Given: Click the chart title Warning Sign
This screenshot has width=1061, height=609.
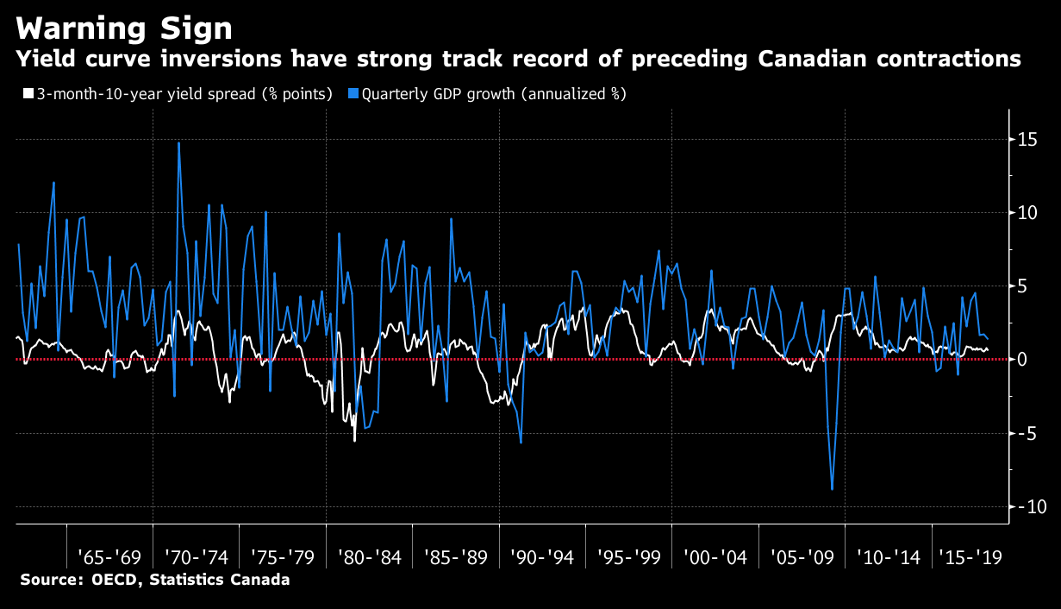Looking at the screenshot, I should pos(124,28).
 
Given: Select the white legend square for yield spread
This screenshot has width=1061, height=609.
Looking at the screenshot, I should pos(27,94).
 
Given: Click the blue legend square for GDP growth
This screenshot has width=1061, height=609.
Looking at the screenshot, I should pos(353,94).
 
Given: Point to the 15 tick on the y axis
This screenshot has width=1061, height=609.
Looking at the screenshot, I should pos(1031,139).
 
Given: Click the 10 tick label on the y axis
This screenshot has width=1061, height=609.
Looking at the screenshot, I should pos(1031,212).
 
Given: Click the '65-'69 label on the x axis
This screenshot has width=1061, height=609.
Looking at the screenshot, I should pos(109,556).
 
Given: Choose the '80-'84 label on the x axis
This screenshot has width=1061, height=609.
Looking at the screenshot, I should pos(369,556).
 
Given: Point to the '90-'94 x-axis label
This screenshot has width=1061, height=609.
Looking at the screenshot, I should pos(542,556).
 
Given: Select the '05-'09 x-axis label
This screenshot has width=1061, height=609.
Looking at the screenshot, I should pos(802,556).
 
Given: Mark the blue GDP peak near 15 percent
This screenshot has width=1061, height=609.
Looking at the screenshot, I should pos(178,143).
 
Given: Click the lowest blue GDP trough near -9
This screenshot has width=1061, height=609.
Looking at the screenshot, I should pos(833,489).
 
